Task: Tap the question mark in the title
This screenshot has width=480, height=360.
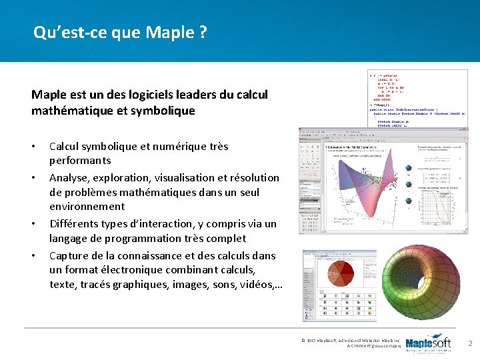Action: click(202, 32)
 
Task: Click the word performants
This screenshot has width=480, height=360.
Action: click(80, 161)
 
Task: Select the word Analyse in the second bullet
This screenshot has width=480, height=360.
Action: click(69, 178)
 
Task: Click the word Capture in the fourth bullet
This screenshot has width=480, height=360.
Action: click(70, 255)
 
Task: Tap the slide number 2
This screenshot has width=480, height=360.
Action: click(470, 343)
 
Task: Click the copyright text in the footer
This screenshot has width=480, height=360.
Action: click(350, 343)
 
